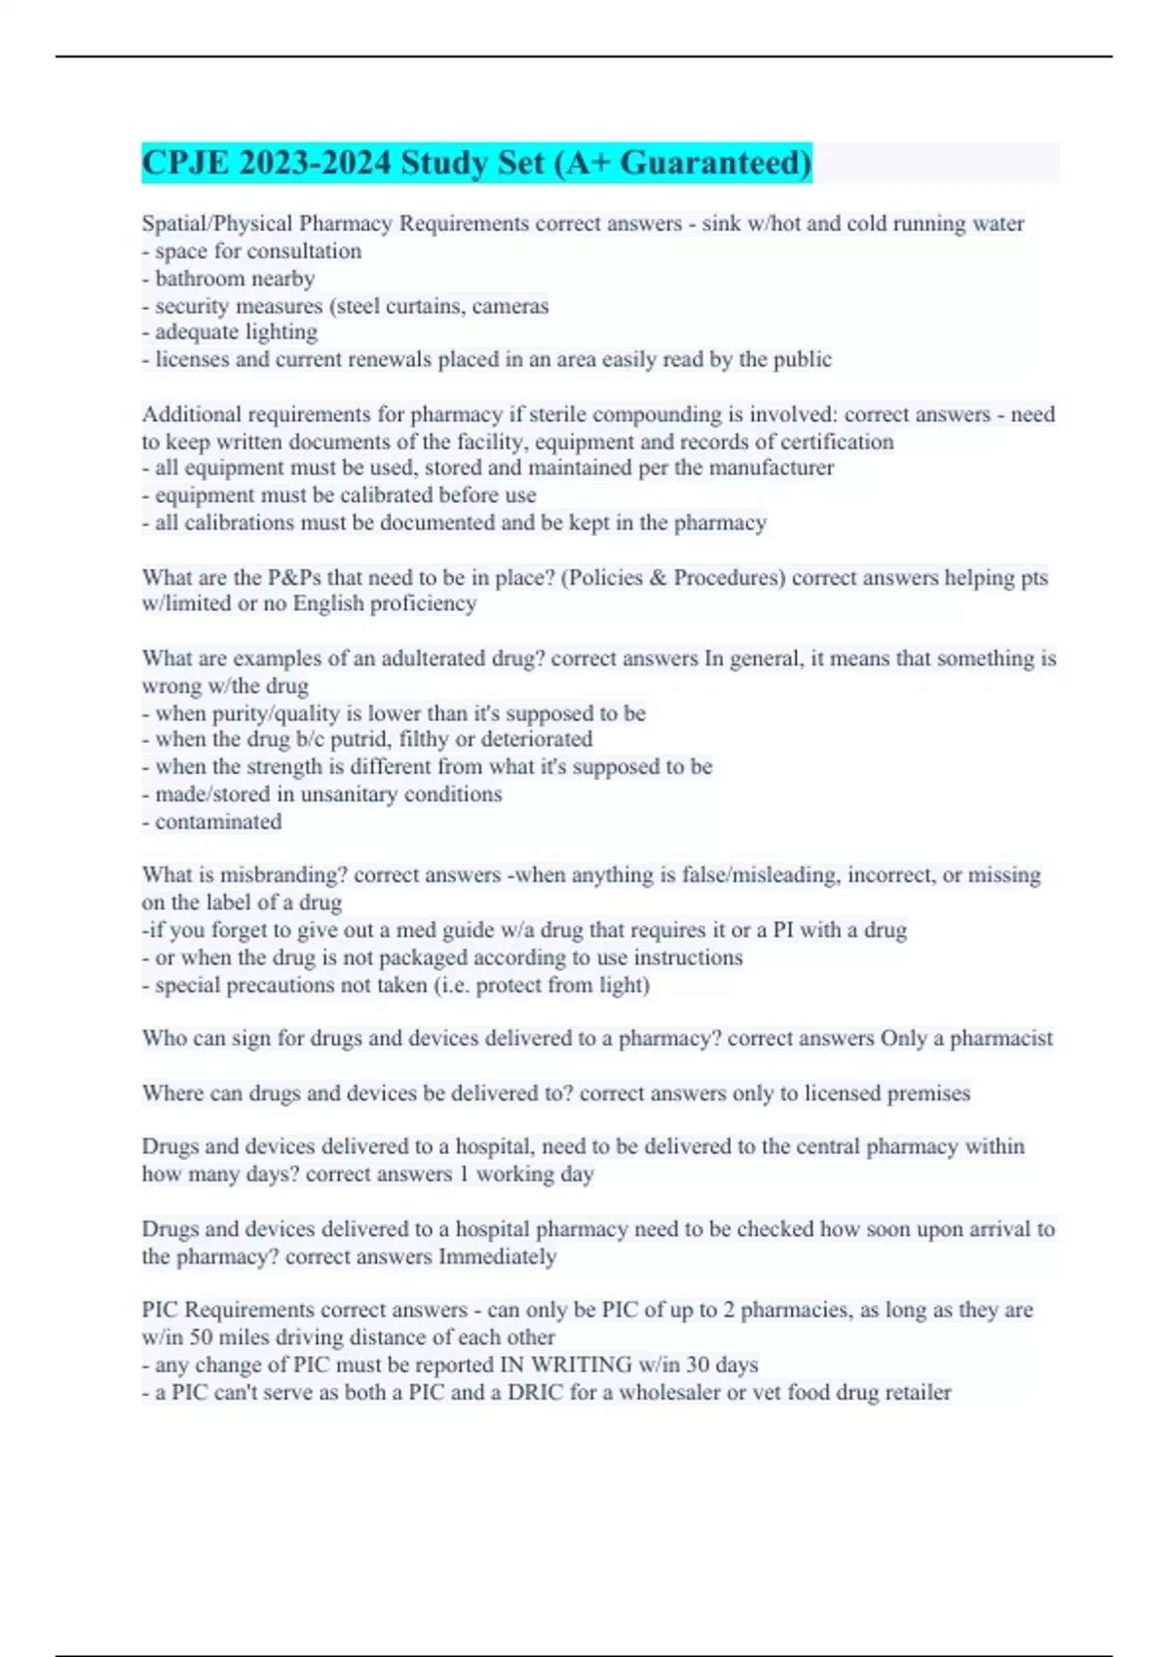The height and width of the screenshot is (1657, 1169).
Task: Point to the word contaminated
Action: pyautogui.click(x=218, y=822)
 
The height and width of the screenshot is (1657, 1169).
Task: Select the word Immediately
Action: pyautogui.click(x=497, y=1256)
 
